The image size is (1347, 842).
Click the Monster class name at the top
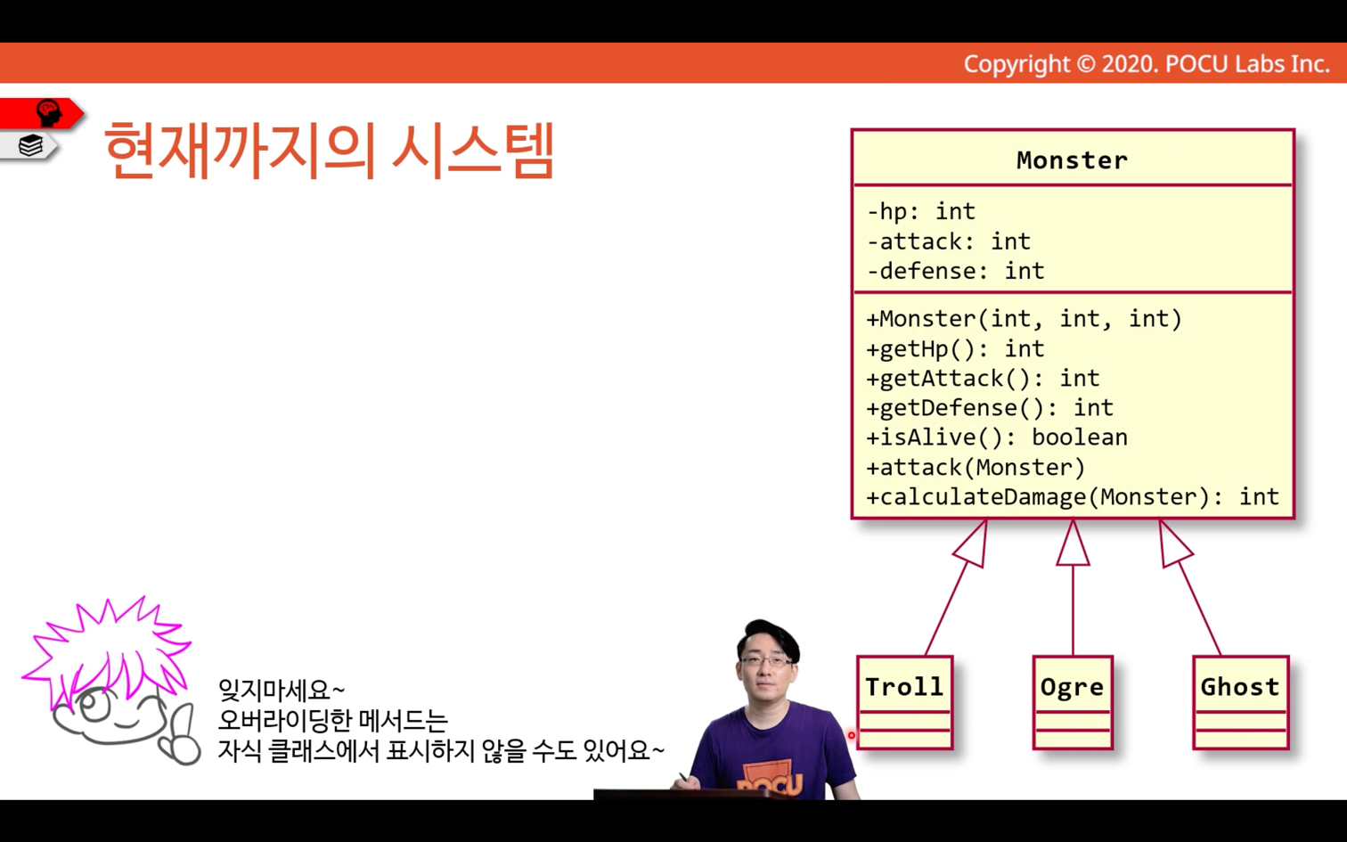1073,160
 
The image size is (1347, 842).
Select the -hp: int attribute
920,212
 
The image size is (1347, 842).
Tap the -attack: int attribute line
948,241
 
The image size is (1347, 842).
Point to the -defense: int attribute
956,271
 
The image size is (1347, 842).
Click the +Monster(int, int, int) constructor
1025,319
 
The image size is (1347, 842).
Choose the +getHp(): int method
955,349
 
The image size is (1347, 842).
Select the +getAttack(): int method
983,379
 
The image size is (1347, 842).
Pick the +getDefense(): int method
990,408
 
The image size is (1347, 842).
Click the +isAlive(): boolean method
996,437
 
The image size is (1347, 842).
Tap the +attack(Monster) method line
976,467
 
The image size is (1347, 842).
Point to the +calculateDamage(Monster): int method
1073,497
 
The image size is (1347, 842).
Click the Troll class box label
904,687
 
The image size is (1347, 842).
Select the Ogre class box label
1073,688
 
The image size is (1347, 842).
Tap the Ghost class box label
1240,687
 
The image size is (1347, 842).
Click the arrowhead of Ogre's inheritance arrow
1073,544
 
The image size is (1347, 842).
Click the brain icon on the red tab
49,112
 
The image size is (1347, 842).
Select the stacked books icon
30,145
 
